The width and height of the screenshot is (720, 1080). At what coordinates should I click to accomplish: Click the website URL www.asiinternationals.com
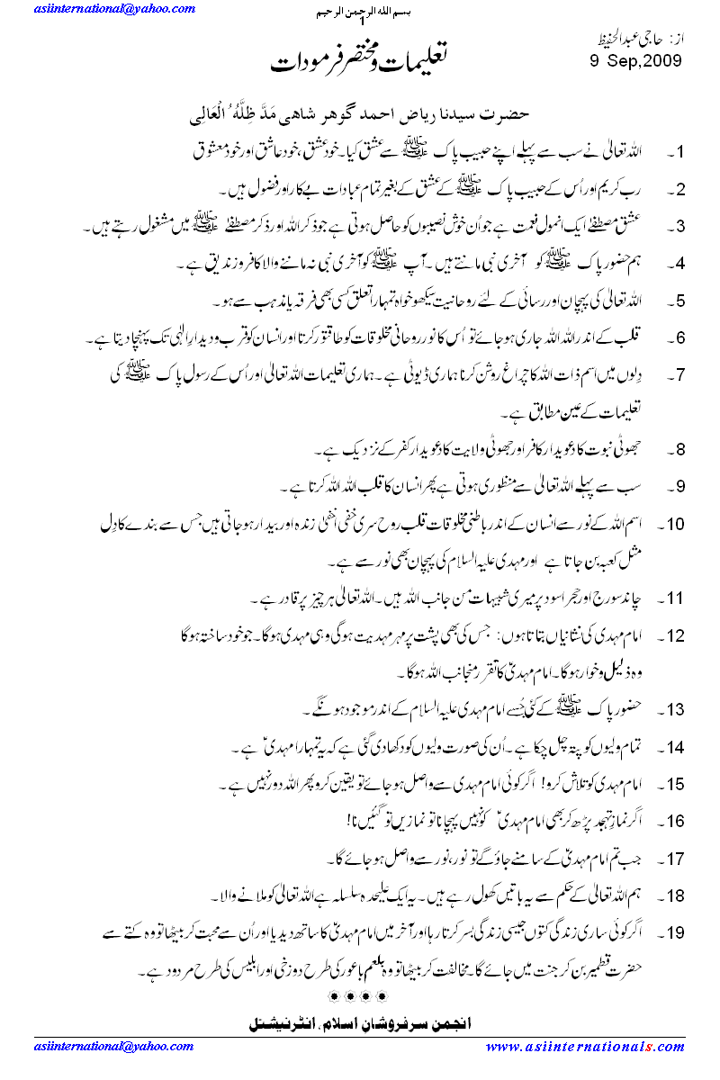coord(585,1046)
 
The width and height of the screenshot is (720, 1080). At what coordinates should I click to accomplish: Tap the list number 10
coord(677,525)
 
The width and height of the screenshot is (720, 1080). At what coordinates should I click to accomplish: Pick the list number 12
coord(677,636)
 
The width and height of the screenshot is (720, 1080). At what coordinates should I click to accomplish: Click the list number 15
coord(677,785)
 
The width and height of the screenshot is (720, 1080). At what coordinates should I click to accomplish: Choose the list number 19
coord(677,933)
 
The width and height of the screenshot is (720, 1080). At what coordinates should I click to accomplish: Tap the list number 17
coord(677,859)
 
